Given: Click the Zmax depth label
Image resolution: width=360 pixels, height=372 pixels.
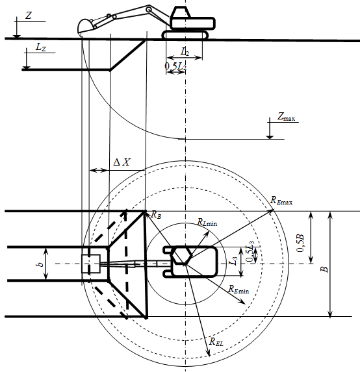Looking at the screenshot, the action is tap(286, 116).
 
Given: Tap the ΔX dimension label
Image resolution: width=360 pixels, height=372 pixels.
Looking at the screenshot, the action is tap(122, 162).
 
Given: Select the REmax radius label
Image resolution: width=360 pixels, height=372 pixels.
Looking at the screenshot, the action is tap(281, 200).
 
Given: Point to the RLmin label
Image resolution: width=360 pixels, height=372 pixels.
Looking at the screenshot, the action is tap(207, 222).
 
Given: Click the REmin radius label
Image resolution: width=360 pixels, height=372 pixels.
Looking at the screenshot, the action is tap(238, 289).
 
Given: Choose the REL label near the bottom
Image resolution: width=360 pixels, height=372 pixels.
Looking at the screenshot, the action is tap(216, 341).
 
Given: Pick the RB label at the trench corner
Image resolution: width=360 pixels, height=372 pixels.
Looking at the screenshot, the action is tap(156, 215).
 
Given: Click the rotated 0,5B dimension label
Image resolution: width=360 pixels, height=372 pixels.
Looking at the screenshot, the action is tap(300, 243).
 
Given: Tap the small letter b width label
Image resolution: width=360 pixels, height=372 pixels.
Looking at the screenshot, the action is tap(40, 264).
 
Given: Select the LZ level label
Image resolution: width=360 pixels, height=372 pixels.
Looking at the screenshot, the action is tap(40, 47).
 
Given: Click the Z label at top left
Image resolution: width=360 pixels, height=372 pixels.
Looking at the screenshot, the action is tap(29, 16).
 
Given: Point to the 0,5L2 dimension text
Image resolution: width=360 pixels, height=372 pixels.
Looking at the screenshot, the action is tap(175, 66).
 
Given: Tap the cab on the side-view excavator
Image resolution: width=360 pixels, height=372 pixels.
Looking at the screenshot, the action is tap(181, 12).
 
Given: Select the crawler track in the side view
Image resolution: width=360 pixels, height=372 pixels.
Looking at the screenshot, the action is tap(185, 35).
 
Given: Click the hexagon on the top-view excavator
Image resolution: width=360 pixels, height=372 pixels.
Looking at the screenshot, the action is tap(182, 255).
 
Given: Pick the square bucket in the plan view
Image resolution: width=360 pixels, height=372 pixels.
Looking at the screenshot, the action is tap(91, 264).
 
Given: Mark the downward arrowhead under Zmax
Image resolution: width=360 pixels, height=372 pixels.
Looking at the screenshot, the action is tap(270, 136).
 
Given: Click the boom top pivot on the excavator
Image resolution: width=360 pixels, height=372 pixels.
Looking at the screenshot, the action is tap(149, 10).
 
